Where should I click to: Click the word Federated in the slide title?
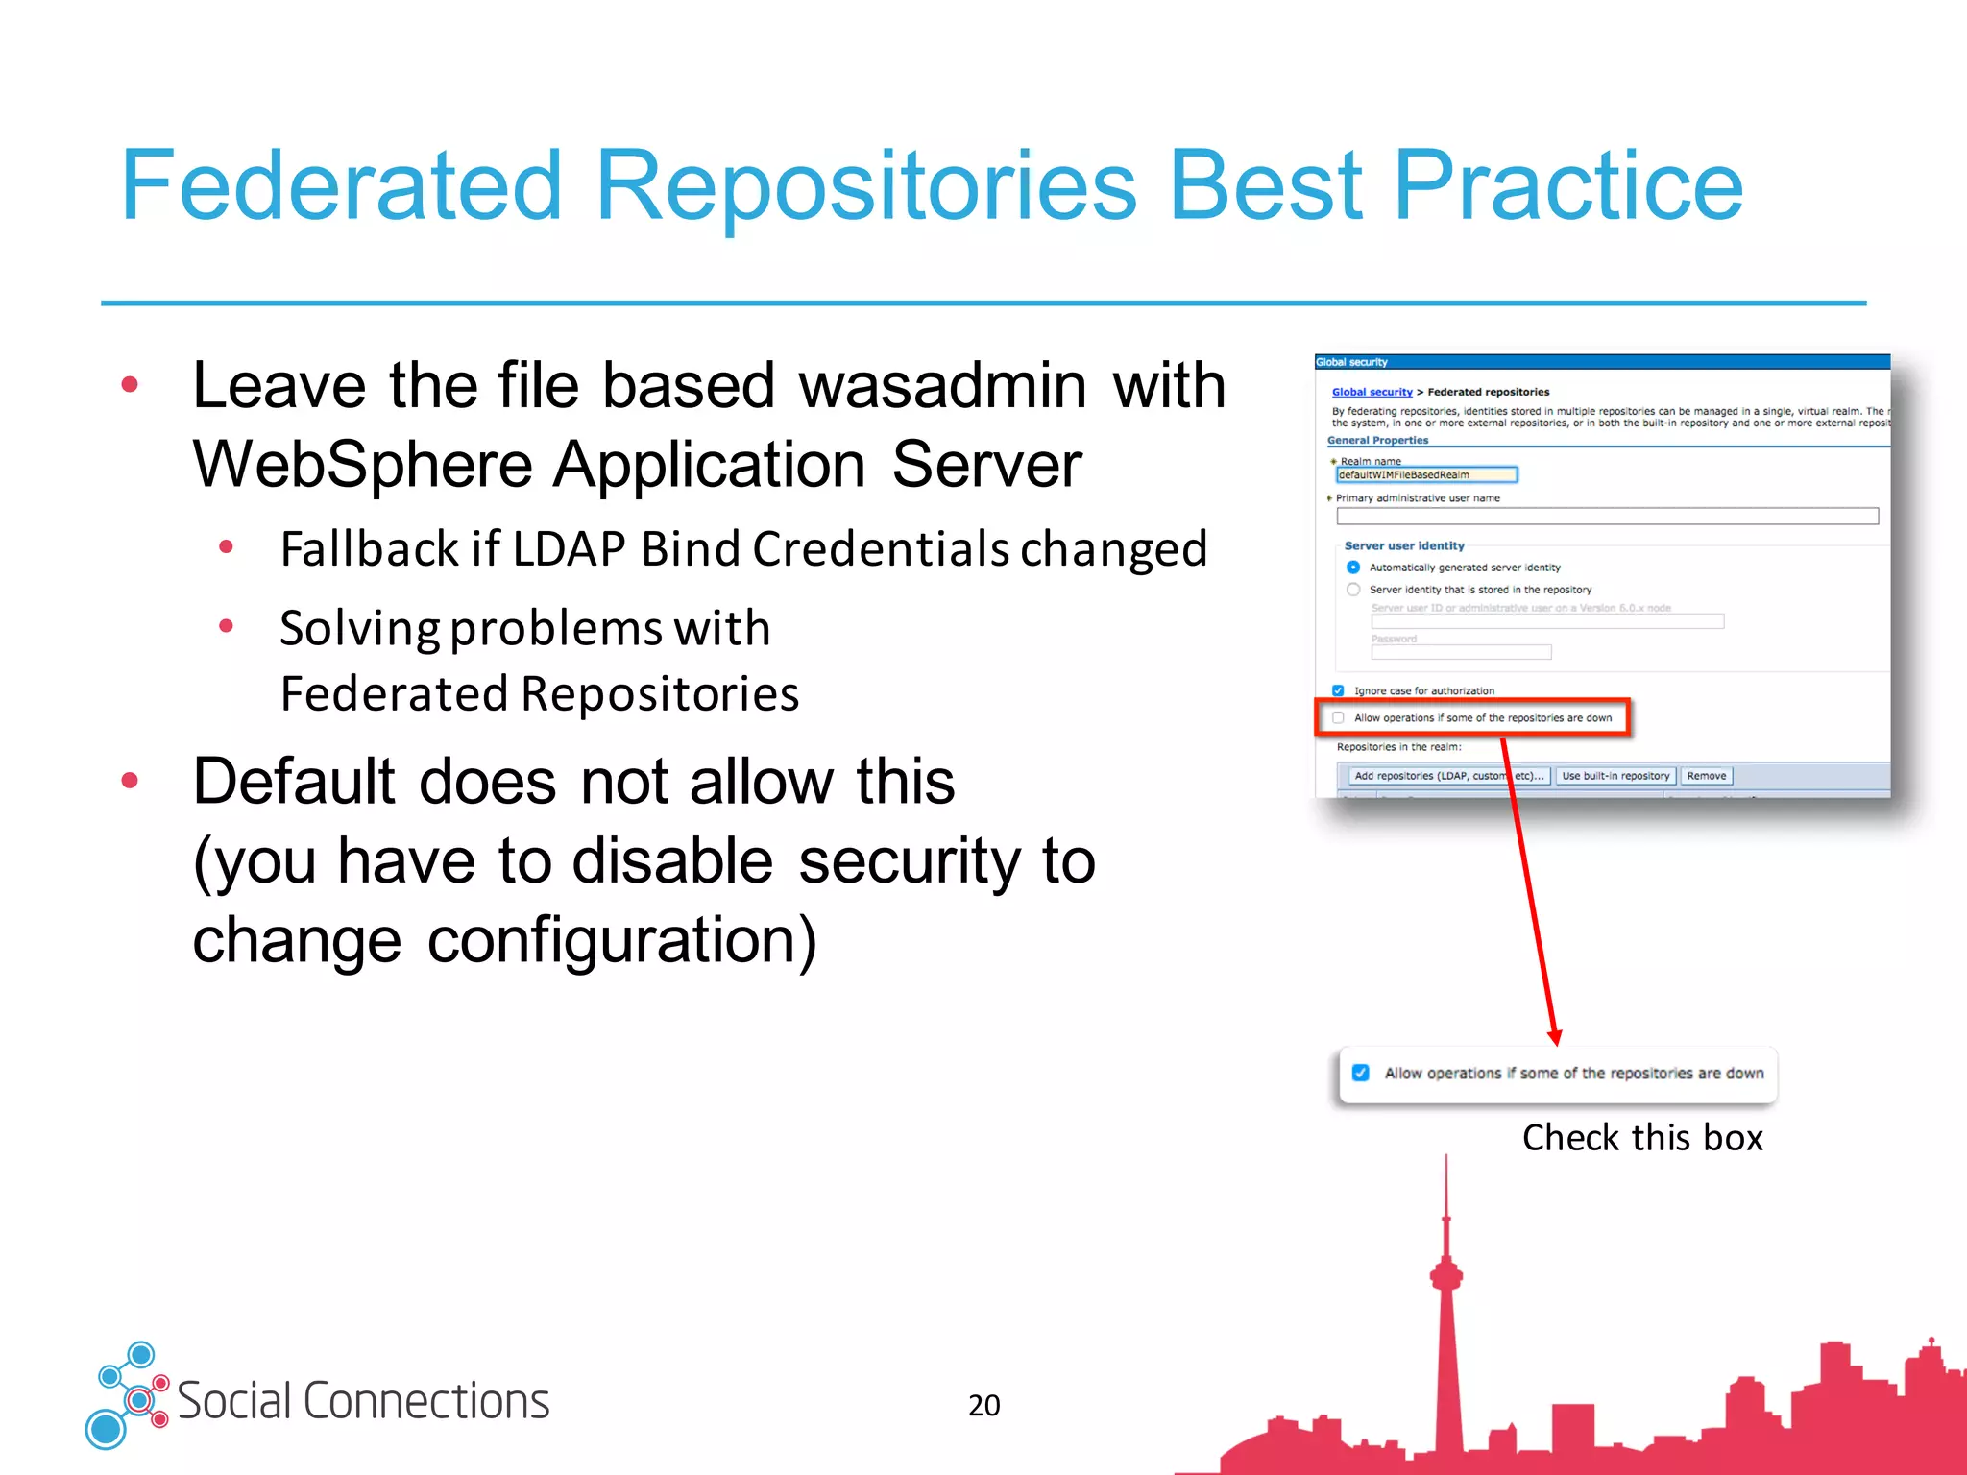click(341, 186)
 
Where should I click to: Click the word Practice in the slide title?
click(1567, 186)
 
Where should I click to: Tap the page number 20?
click(983, 1405)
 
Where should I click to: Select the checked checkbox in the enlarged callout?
click(1361, 1073)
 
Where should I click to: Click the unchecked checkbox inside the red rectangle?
click(1338, 717)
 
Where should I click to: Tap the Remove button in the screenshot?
click(1706, 776)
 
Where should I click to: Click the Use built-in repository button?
click(1615, 776)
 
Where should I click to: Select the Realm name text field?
click(1426, 474)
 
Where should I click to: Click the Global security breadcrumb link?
click(1372, 392)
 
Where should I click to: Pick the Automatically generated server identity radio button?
click(1353, 568)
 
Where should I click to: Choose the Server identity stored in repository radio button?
click(1353, 590)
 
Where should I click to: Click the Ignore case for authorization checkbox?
click(1338, 690)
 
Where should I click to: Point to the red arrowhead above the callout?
click(1555, 1037)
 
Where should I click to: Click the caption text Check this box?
click(1642, 1138)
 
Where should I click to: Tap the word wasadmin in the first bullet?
click(943, 386)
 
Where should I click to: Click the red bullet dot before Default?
click(130, 781)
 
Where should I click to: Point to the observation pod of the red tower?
click(1446, 1276)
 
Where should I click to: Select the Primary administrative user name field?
click(1607, 517)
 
